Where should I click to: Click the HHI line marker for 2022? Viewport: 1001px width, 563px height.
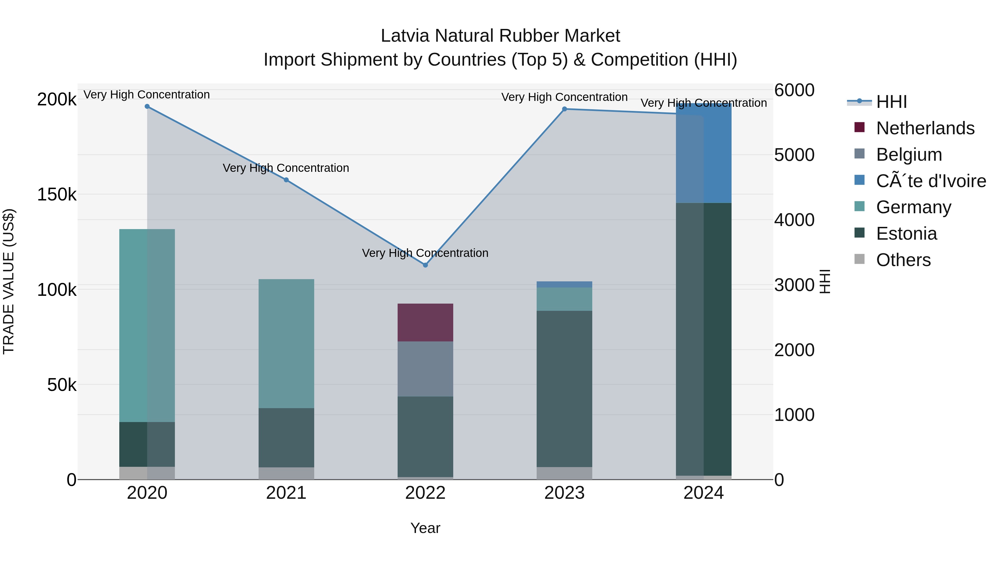tap(425, 265)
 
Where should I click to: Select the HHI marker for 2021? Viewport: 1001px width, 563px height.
tap(286, 180)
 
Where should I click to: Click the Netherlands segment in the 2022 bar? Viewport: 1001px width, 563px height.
tap(425, 323)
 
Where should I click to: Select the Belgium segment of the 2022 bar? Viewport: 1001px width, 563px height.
tap(425, 369)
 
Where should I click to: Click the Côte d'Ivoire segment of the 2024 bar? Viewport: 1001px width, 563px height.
tap(703, 153)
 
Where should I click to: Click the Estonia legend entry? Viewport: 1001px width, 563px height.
tap(906, 234)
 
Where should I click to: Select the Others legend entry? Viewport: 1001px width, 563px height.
tap(903, 260)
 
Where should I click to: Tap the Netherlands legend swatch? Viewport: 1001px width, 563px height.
tap(859, 127)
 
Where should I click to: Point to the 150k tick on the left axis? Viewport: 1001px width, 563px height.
tap(57, 194)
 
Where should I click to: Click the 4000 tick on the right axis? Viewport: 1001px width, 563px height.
tap(794, 220)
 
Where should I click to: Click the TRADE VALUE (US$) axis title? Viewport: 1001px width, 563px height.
tap(9, 281)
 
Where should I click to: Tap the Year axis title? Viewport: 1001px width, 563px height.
tap(425, 528)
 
